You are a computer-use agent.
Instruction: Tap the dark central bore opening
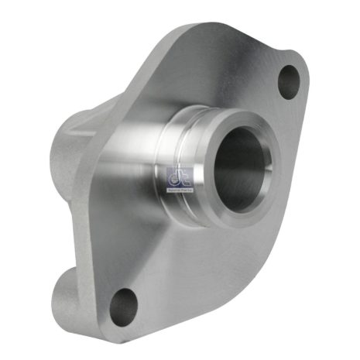235,167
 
